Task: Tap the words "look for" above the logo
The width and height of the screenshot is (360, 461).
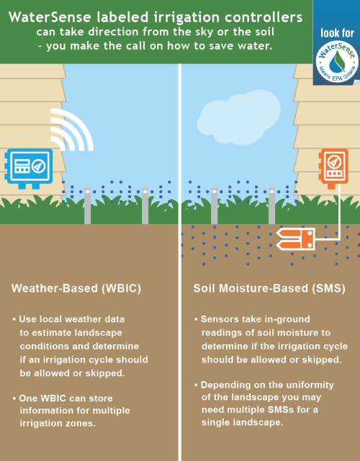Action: pyautogui.click(x=336, y=33)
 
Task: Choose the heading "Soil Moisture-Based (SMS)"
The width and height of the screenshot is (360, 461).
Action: pyautogui.click(x=269, y=288)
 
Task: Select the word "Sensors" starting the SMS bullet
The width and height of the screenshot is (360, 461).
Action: pyautogui.click(x=217, y=319)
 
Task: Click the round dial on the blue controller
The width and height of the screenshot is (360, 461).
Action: pyautogui.click(x=39, y=166)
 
